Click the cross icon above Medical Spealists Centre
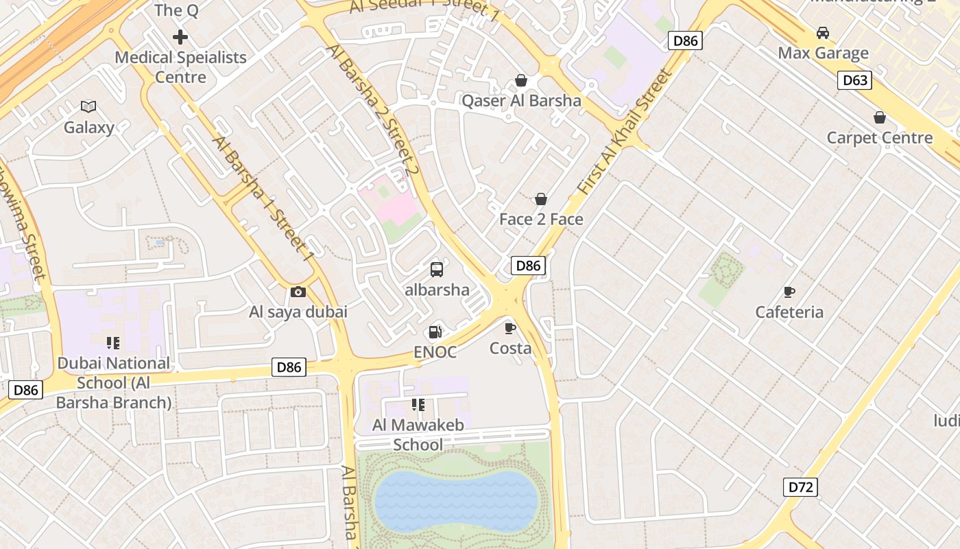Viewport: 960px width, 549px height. tap(180, 36)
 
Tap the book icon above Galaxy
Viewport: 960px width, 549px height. tap(88, 106)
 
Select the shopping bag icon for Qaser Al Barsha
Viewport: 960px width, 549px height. tap(521, 81)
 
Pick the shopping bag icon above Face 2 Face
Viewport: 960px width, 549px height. tap(541, 199)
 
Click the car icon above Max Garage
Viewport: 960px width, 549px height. tap(822, 33)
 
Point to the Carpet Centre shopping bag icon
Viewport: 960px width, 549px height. tap(880, 117)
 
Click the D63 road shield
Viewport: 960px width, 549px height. tap(854, 80)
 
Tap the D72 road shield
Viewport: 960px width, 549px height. tap(800, 487)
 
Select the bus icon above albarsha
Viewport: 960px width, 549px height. tap(437, 270)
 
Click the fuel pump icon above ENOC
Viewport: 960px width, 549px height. tap(435, 332)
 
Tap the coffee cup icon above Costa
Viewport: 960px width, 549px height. tap(510, 328)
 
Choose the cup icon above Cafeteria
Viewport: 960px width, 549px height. tap(789, 292)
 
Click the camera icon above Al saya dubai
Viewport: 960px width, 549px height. tap(298, 292)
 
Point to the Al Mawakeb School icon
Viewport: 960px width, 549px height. tap(418, 405)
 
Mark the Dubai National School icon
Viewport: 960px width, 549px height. tap(113, 343)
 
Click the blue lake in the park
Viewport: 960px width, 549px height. tap(456, 501)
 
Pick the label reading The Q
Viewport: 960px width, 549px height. tap(177, 10)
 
